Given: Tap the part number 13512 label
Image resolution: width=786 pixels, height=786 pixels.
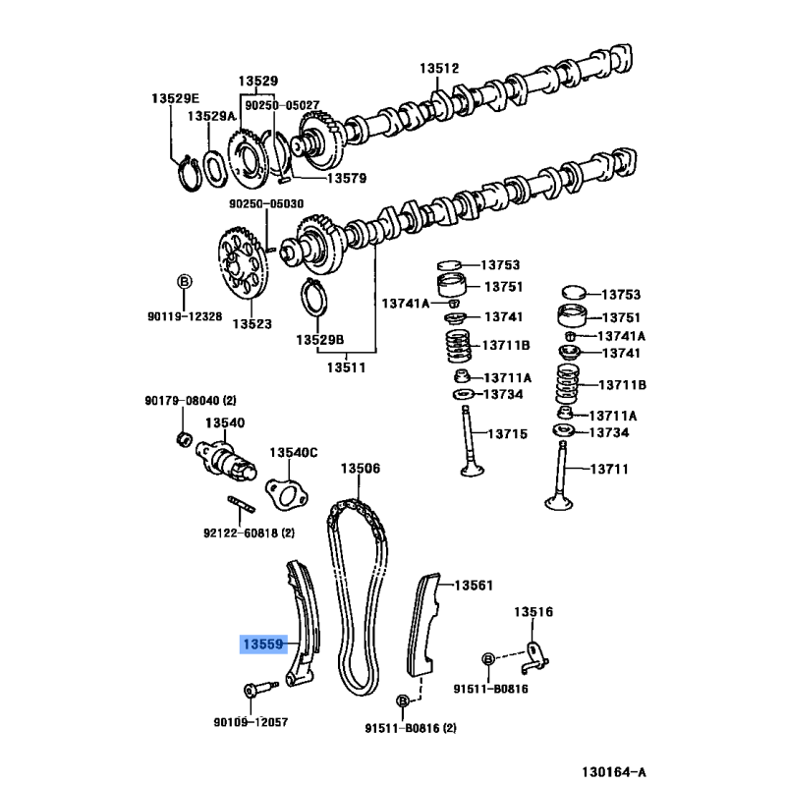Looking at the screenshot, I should [x=439, y=69].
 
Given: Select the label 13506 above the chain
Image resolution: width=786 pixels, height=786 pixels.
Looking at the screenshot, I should [x=360, y=470].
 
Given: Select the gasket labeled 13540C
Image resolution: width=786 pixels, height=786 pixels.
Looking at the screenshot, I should [x=286, y=490].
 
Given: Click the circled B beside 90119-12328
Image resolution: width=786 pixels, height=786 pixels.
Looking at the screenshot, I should [x=182, y=283].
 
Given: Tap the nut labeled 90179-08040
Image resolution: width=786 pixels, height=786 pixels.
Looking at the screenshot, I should [x=183, y=435].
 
